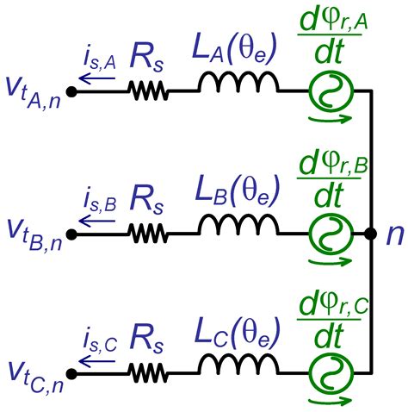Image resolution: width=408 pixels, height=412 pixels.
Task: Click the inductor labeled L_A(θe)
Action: (238, 83)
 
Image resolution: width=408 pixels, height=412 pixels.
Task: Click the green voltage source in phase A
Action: (329, 90)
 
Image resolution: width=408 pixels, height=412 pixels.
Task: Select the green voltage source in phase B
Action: (329, 232)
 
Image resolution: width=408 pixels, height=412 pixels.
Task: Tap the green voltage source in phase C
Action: (329, 374)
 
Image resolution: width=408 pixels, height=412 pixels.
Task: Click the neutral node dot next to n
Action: (369, 233)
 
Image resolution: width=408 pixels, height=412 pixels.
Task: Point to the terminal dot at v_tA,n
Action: (71, 90)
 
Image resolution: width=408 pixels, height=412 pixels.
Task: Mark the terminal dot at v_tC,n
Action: (71, 374)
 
